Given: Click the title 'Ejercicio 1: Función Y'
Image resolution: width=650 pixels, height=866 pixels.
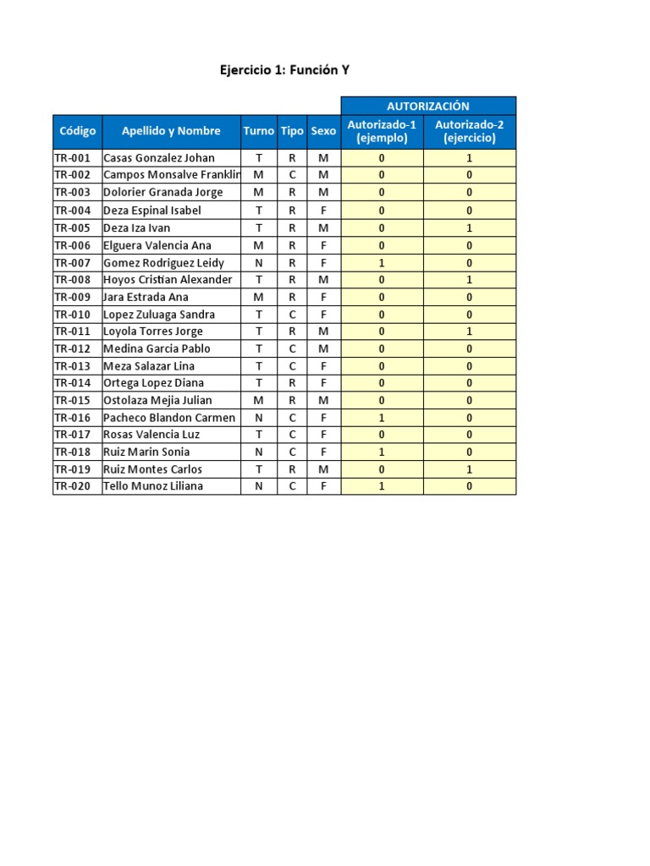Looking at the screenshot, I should (x=284, y=71).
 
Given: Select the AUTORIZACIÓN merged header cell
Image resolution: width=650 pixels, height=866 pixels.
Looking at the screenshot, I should (x=427, y=106).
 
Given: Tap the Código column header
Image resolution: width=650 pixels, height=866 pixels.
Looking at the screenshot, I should (x=78, y=131).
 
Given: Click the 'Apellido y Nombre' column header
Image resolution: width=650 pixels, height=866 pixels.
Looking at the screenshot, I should (x=171, y=131).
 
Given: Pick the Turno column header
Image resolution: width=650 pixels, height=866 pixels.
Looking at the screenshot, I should (x=259, y=131).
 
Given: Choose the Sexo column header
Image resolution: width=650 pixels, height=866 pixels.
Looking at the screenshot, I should (x=323, y=131).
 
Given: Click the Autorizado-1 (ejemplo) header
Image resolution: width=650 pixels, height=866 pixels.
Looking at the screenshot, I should (x=382, y=131).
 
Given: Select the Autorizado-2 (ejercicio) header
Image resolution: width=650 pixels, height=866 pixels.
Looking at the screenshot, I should (x=469, y=131).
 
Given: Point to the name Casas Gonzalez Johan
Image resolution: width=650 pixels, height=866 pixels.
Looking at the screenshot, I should (x=158, y=158).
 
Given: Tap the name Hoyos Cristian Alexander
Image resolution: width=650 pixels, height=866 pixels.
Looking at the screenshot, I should (x=167, y=280).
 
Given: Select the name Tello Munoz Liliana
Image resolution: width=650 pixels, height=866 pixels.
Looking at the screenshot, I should (x=152, y=486).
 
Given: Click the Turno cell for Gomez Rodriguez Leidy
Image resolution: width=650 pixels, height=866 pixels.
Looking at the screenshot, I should (x=259, y=262).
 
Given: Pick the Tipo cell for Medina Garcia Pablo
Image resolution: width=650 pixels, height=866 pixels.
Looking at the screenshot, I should (x=292, y=348).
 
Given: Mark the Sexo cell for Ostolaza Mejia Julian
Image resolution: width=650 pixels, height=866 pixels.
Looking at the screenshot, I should (x=323, y=400).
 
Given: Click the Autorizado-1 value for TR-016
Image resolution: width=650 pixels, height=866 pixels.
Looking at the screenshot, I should (x=382, y=418).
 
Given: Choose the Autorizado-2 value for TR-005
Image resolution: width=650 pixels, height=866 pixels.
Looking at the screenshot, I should (x=469, y=227).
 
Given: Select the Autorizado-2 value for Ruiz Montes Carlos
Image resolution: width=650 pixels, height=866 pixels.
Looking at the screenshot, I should (x=469, y=469).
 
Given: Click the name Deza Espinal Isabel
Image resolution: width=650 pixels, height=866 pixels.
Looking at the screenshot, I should (x=151, y=211).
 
